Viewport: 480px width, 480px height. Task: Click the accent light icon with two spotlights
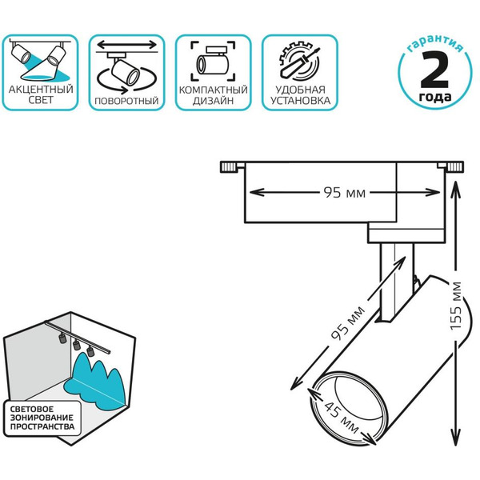point(42,60)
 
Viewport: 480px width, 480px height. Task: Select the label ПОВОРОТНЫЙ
point(126,102)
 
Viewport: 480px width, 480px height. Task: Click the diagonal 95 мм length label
point(345,327)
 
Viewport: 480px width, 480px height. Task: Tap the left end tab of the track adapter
point(230,167)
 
